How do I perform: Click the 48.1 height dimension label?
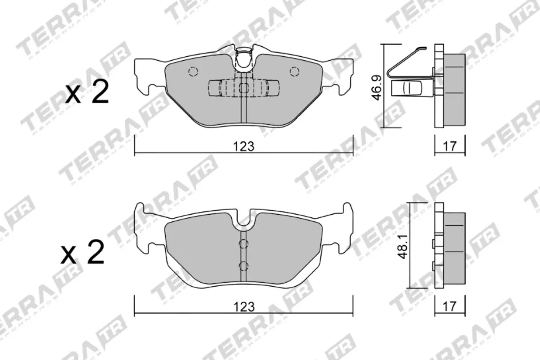pyautogui.click(x=405, y=246)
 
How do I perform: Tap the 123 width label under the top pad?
pyautogui.click(x=244, y=146)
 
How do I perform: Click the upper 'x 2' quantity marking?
pyautogui.click(x=87, y=92)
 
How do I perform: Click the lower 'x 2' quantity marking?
pyautogui.click(x=83, y=253)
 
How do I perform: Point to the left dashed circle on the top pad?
pyautogui.click(x=193, y=72)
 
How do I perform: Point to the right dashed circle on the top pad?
pyautogui.click(x=294, y=72)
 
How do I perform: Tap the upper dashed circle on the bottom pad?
pyautogui.click(x=243, y=244)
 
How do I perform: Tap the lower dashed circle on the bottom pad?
pyautogui.click(x=243, y=265)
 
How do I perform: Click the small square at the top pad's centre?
pyautogui.click(x=243, y=88)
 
